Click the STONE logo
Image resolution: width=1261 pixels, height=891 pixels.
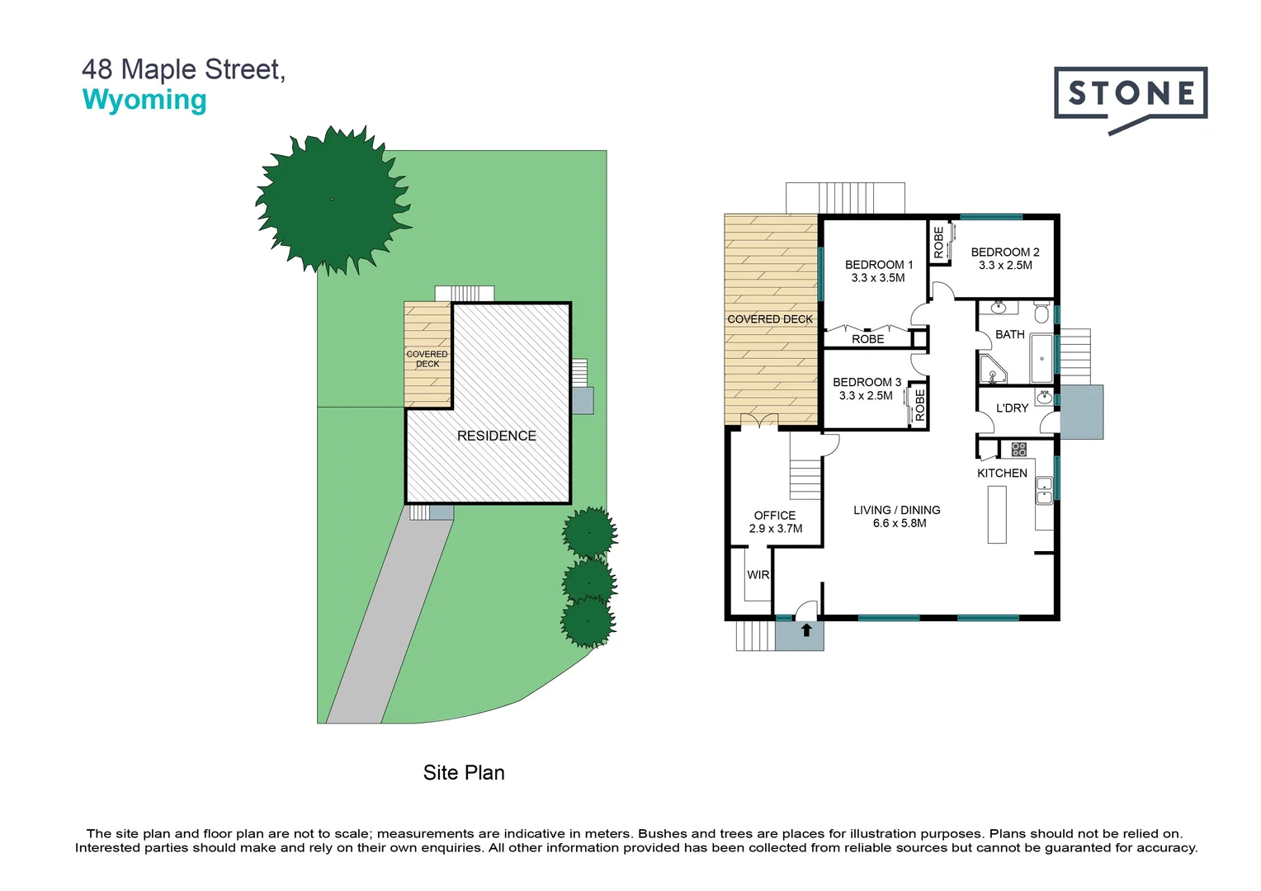(x=1130, y=94)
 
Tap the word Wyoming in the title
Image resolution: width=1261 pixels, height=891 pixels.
(x=144, y=100)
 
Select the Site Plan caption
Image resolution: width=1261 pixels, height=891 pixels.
(x=463, y=772)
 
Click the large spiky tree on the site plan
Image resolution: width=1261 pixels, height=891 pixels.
(x=333, y=200)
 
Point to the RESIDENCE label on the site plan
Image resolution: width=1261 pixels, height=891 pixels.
(x=496, y=436)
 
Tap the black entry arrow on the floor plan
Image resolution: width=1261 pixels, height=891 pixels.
(x=806, y=630)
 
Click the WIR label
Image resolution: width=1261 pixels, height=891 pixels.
(x=758, y=575)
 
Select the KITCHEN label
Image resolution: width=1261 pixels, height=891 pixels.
(x=1002, y=473)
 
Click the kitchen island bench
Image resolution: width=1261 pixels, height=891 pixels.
(x=997, y=514)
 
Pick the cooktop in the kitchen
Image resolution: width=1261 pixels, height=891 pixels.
(x=1019, y=450)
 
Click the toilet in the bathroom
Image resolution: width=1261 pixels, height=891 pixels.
(x=1041, y=313)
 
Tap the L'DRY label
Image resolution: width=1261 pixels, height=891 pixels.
(x=1012, y=408)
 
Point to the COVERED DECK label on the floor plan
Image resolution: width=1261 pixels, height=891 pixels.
(x=770, y=319)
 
